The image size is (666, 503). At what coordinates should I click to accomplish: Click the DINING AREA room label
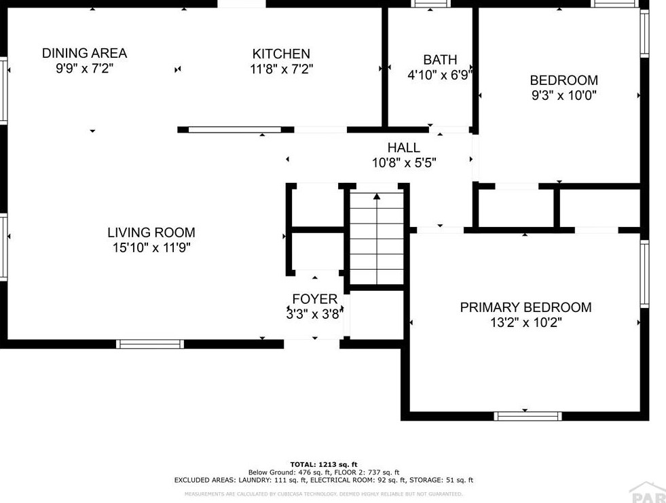click(x=85, y=53)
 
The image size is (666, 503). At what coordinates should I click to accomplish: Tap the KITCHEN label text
click(x=281, y=54)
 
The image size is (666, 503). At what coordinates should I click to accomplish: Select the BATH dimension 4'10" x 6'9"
click(x=440, y=75)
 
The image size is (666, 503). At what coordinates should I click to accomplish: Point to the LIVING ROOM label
click(x=151, y=232)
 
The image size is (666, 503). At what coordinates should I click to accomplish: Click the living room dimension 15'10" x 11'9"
click(x=151, y=247)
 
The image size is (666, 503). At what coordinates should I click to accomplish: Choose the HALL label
click(x=403, y=148)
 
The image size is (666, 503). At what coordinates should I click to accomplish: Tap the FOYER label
click(x=315, y=299)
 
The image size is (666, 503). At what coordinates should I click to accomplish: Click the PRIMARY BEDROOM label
click(x=526, y=307)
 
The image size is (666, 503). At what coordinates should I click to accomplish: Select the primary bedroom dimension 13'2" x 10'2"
click(x=526, y=322)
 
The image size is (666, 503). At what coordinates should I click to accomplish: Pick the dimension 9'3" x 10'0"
click(x=564, y=95)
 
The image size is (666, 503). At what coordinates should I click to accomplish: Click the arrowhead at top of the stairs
click(x=377, y=196)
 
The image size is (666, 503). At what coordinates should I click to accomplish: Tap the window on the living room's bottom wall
click(x=150, y=344)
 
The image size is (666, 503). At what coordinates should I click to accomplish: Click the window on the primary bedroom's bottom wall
click(x=528, y=416)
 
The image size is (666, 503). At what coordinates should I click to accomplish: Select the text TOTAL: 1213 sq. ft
click(x=324, y=464)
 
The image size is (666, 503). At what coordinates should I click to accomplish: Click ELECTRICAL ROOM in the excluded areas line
click(x=339, y=480)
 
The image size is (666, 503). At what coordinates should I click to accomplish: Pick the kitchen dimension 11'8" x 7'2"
click(x=281, y=69)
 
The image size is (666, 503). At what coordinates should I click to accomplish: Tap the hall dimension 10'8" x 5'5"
click(x=404, y=163)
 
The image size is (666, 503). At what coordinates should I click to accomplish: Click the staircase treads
click(x=377, y=238)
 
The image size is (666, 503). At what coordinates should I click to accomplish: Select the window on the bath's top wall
click(x=430, y=4)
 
